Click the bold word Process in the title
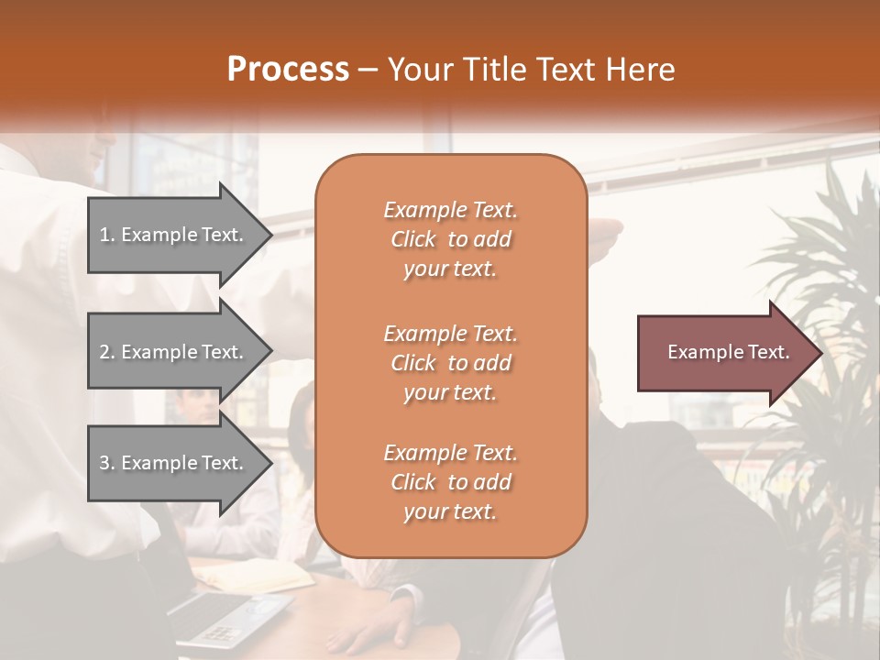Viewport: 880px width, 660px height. click(288, 69)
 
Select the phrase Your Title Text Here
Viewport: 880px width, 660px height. click(532, 69)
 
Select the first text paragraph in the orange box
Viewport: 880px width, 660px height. click(450, 239)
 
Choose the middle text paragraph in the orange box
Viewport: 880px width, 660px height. click(450, 362)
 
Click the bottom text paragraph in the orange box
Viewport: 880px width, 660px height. click(450, 482)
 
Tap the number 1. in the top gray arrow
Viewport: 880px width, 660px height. click(106, 235)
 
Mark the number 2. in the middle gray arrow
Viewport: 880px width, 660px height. click(106, 352)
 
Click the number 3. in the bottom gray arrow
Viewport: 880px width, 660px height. click(106, 463)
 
